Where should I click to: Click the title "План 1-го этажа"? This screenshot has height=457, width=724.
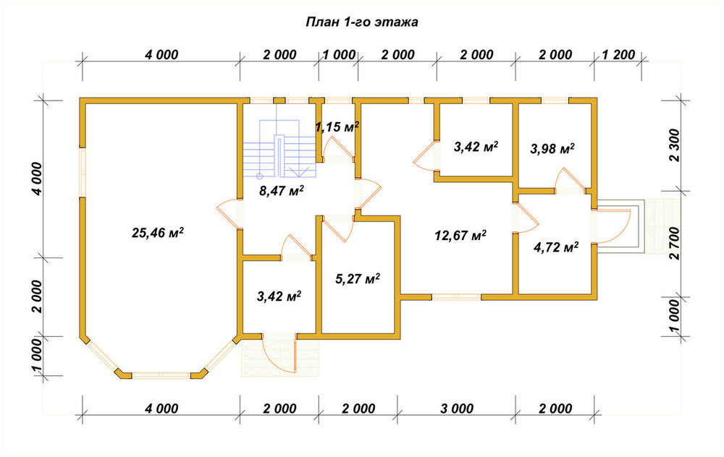point(362,22)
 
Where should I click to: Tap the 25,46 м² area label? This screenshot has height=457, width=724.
point(158,232)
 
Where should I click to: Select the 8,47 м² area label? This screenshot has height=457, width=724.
point(282,190)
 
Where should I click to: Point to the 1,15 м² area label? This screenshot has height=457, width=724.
point(337,127)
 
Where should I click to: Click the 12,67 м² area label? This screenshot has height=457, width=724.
point(460,235)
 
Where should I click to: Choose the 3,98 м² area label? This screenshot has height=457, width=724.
point(552,148)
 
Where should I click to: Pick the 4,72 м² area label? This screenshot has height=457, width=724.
point(556,247)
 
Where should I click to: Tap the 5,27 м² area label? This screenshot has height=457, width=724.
point(358,278)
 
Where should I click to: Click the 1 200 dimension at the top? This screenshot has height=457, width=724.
point(619,54)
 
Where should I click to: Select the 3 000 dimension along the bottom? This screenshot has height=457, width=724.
point(457,408)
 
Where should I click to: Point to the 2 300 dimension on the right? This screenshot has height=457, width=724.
point(675,145)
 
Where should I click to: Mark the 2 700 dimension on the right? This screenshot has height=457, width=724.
point(675,244)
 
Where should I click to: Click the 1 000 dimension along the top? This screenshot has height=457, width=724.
point(339,54)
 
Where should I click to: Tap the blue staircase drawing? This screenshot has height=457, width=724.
point(280,148)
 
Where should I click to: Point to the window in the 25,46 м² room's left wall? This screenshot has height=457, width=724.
point(83,173)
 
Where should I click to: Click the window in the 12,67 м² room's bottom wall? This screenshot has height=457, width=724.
point(457,297)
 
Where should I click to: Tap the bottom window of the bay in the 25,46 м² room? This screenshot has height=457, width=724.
point(161,375)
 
